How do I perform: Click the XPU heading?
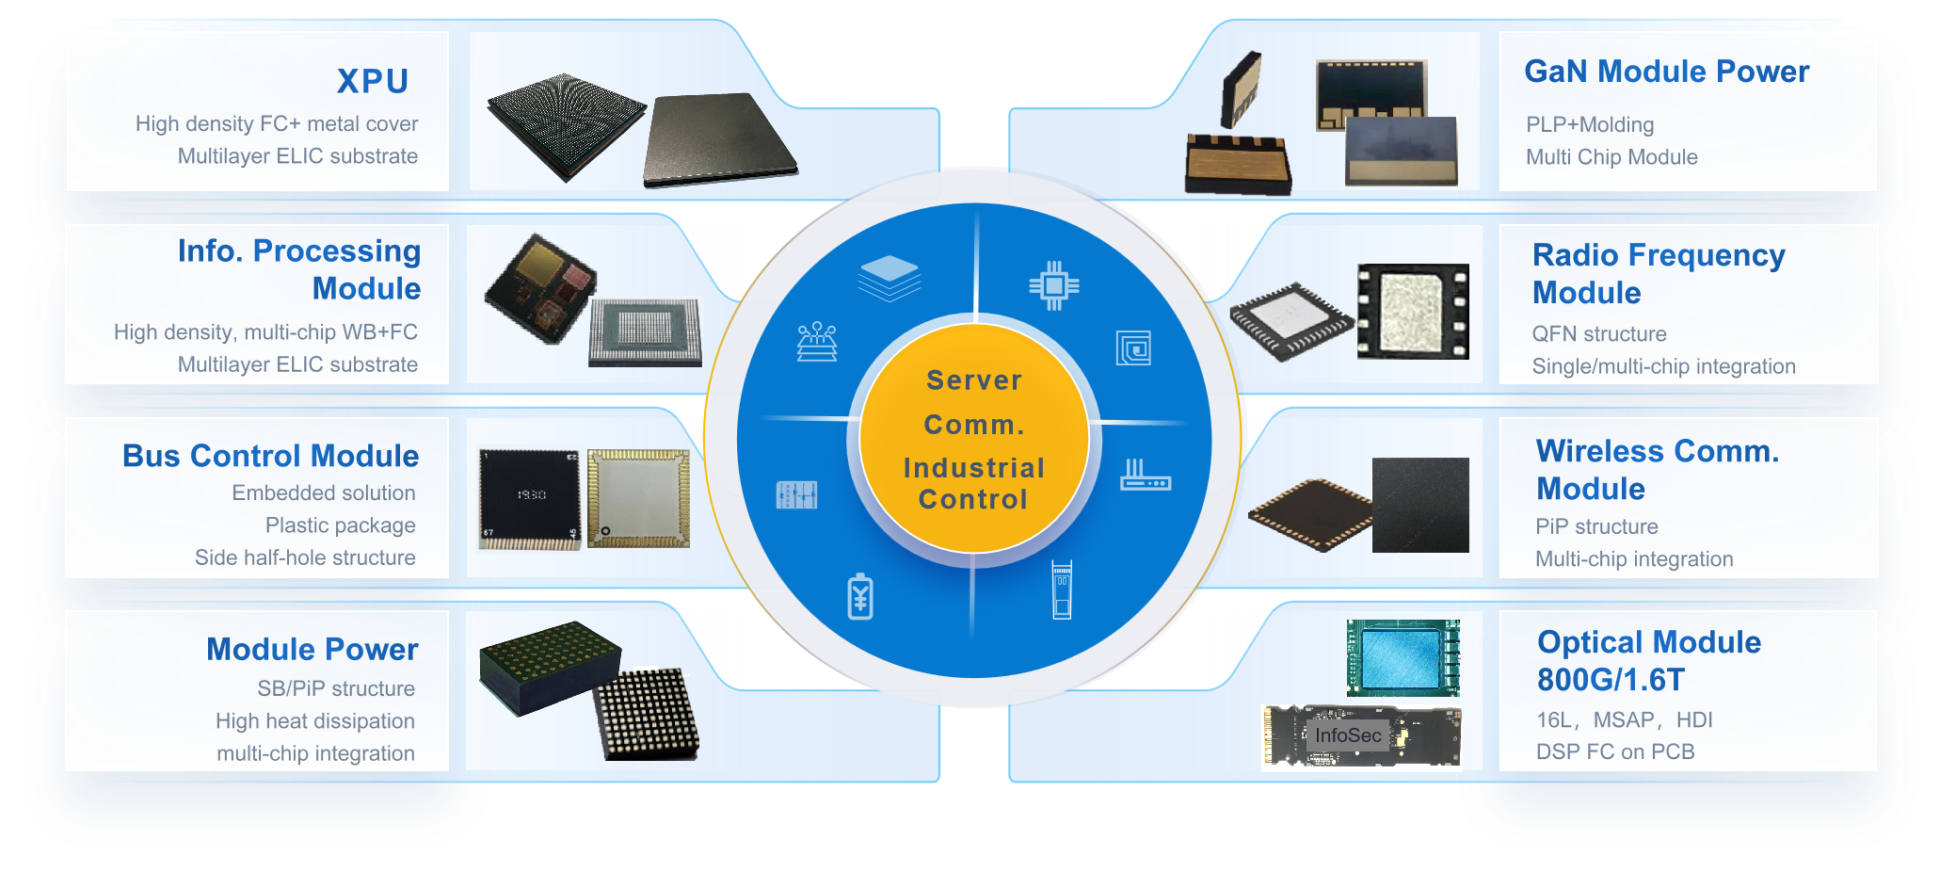click(373, 82)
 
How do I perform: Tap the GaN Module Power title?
click(1666, 72)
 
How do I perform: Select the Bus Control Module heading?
click(271, 456)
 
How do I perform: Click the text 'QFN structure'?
click(1598, 334)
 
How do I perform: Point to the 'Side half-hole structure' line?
click(305, 557)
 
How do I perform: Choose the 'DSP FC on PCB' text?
click(1615, 751)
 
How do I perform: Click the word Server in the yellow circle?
click(974, 380)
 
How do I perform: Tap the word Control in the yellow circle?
click(973, 499)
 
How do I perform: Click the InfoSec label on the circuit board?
click(1348, 735)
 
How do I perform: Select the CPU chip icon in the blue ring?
click(1053, 284)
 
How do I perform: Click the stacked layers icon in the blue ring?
click(890, 277)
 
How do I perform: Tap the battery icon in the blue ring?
click(860, 596)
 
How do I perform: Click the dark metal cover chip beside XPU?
click(719, 138)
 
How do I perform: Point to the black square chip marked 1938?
click(530, 496)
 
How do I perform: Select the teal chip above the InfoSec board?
click(1403, 656)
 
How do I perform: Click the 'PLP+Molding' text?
click(1589, 125)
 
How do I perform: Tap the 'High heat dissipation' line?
click(314, 721)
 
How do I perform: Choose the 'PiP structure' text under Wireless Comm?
click(1596, 526)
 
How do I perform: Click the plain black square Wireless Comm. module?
click(1420, 505)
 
